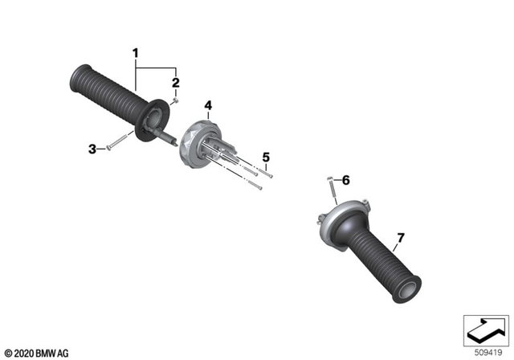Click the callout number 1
coord(136,55)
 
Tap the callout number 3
coord(92,148)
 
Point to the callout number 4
coord(208,105)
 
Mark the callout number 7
coord(400,237)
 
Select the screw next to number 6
coord(330,190)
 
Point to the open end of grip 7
coord(406,290)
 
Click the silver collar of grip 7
coord(332,221)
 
